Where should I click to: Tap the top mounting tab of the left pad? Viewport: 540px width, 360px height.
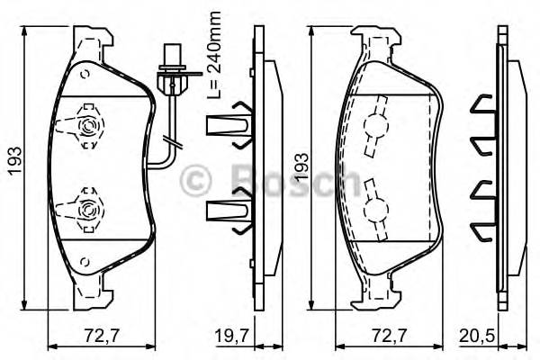pos(94,40)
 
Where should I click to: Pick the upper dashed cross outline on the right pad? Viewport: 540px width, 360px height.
pos(375,126)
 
